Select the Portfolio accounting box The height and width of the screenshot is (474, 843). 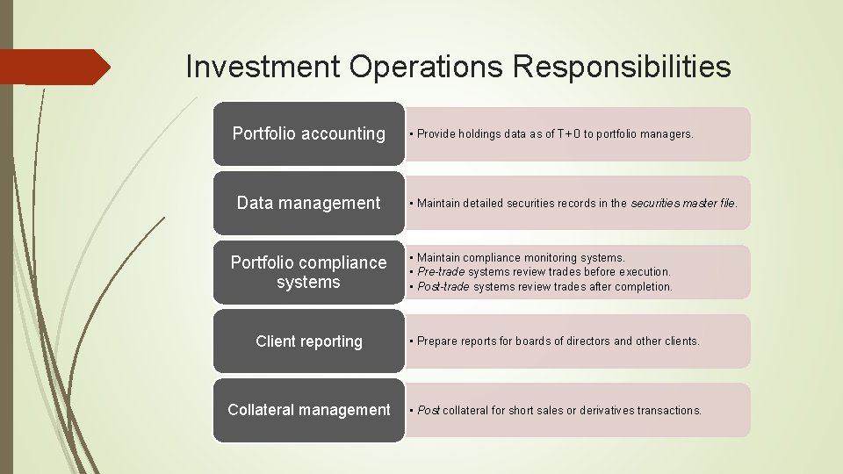[308, 133]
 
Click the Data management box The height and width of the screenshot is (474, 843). [308, 203]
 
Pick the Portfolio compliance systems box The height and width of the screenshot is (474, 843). [308, 272]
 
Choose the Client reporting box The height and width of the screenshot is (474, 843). [308, 341]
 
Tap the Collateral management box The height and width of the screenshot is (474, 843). [308, 410]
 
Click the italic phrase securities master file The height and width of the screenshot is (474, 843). [683, 204]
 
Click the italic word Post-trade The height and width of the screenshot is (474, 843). [444, 287]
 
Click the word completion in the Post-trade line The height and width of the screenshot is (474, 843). [644, 287]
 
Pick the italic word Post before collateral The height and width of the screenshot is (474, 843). [429, 410]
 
